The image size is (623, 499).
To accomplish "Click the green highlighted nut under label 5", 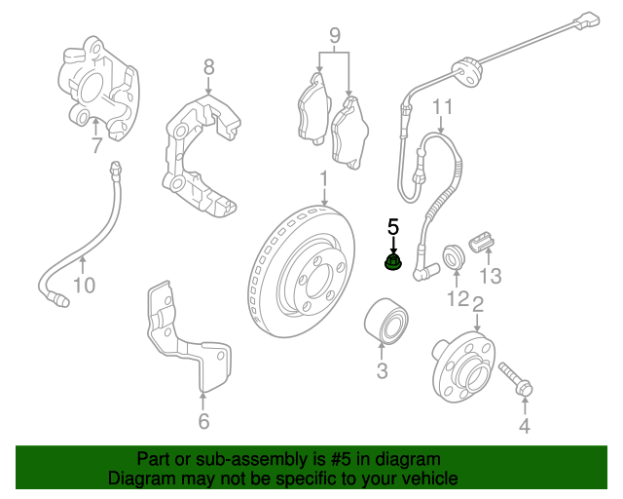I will (x=393, y=263).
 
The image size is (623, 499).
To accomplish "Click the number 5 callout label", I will (x=393, y=227).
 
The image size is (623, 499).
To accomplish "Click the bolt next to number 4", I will (x=516, y=381).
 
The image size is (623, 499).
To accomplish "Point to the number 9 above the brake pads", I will (x=334, y=38).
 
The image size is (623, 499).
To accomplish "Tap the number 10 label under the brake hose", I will (x=85, y=286).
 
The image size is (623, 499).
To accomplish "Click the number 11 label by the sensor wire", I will (x=443, y=107).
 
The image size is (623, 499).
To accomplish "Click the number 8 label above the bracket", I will (x=208, y=67).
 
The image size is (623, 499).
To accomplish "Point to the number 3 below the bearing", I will (x=382, y=370).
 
